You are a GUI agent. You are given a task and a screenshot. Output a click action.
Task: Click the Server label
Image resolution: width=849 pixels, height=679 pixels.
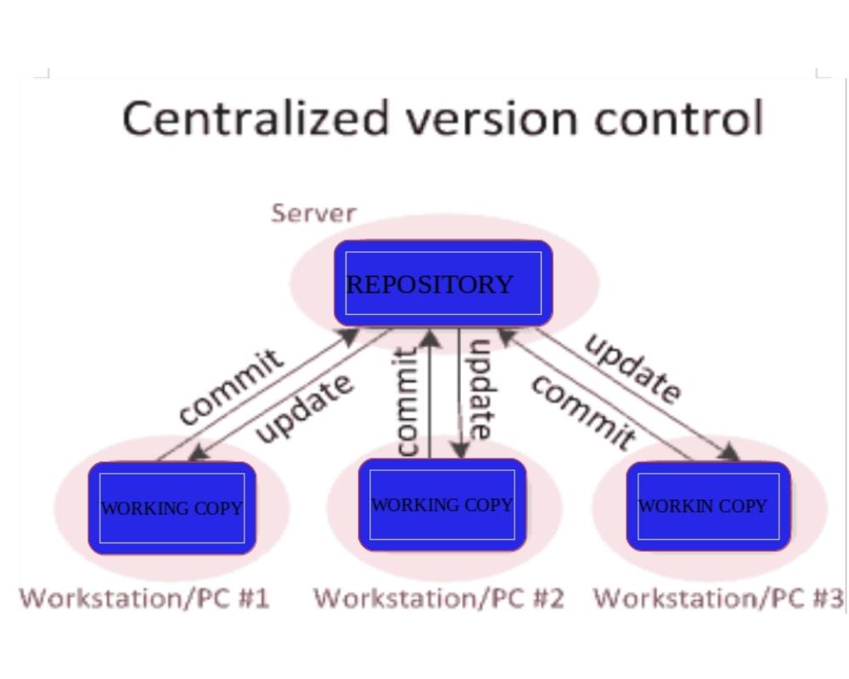[313, 212]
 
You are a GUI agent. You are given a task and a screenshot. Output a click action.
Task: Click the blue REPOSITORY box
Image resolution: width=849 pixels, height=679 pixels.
[442, 283]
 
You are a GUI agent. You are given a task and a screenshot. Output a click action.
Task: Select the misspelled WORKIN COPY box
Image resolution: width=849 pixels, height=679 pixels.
[708, 506]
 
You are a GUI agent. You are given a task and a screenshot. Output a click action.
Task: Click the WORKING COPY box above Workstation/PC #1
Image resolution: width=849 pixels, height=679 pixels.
[171, 508]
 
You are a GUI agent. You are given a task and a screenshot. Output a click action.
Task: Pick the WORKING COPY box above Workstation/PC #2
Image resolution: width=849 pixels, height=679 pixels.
[441, 504]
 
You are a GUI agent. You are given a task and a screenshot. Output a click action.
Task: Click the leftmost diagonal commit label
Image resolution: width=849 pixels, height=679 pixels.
[229, 386]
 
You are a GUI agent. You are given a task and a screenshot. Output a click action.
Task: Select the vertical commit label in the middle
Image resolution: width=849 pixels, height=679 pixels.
[408, 401]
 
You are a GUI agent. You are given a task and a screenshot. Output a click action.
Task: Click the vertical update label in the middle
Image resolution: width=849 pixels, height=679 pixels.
[481, 388]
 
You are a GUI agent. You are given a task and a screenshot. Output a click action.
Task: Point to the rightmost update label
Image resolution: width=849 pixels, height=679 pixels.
[633, 368]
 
